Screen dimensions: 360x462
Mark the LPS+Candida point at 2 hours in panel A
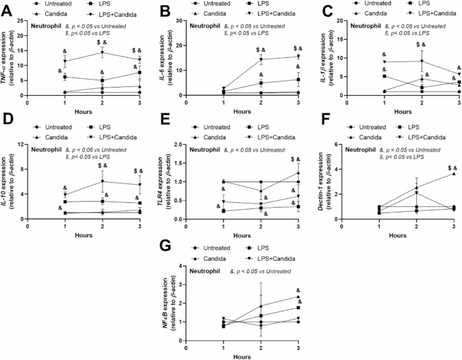(102, 53)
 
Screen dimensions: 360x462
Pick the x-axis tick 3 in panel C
(455, 102)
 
